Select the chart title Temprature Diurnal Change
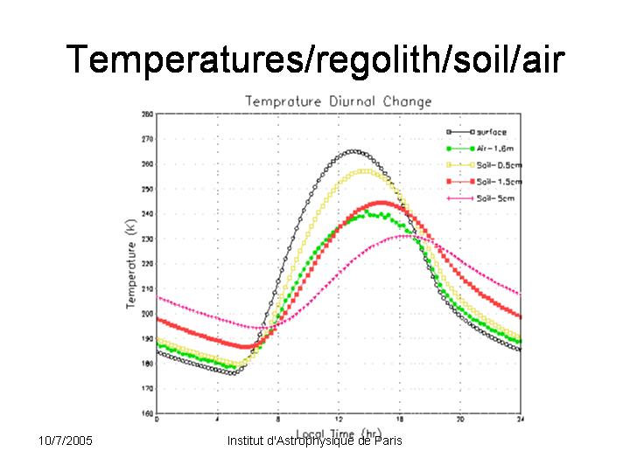(x=338, y=101)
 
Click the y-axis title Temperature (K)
(x=131, y=262)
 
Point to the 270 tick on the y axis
(x=147, y=139)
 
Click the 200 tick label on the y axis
(x=147, y=314)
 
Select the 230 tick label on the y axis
(x=147, y=239)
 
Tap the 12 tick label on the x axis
(x=339, y=420)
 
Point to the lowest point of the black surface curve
(x=232, y=372)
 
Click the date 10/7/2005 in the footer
(x=66, y=440)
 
